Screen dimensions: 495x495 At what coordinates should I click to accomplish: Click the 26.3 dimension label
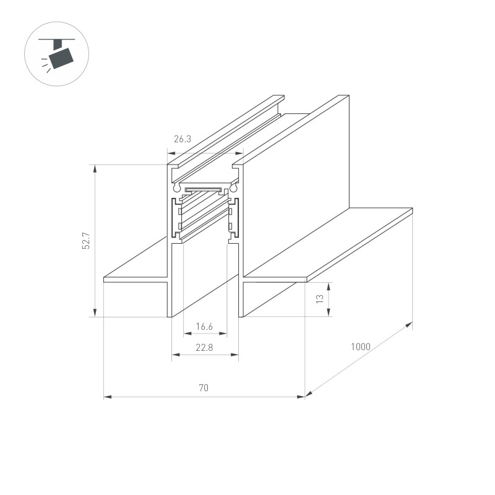(x=182, y=140)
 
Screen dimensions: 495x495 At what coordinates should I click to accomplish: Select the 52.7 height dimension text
(x=87, y=240)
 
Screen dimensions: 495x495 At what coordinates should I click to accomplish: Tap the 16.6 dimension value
(x=205, y=326)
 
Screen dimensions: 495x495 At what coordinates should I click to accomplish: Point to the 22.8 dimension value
(x=204, y=348)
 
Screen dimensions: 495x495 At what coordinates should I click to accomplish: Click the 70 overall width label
(x=204, y=389)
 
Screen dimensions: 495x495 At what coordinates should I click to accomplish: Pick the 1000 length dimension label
(x=360, y=347)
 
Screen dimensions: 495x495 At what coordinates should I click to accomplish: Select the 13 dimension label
(x=319, y=299)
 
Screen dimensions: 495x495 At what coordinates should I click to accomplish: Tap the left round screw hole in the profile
(x=177, y=186)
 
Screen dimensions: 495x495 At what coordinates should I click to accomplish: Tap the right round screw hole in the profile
(x=233, y=186)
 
